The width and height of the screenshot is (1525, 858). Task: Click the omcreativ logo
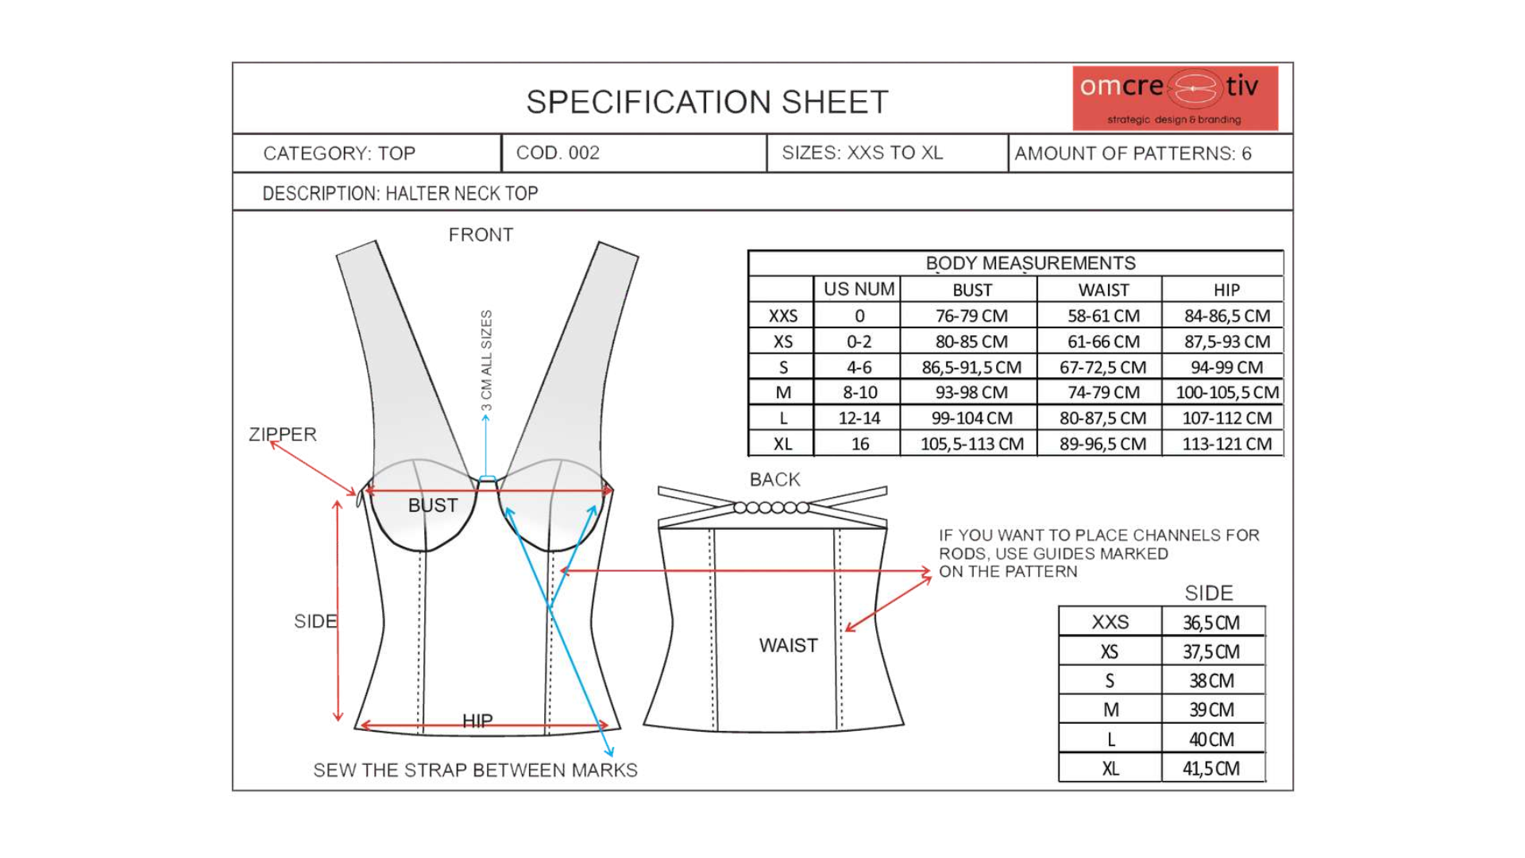pyautogui.click(x=1175, y=98)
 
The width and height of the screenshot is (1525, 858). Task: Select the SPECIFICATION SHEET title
pyautogui.click(x=707, y=102)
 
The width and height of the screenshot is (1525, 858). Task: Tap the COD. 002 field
pyautogui.click(x=558, y=153)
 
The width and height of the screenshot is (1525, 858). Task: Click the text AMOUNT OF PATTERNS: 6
pyautogui.click(x=1133, y=154)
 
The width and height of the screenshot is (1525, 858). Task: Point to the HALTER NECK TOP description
pyautogui.click(x=400, y=194)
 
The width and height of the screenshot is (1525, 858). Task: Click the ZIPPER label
pyautogui.click(x=283, y=435)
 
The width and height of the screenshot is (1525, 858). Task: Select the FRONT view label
pyautogui.click(x=481, y=235)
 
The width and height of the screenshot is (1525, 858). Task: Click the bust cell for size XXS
pyautogui.click(x=971, y=316)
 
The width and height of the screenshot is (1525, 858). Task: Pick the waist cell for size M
pyautogui.click(x=1102, y=392)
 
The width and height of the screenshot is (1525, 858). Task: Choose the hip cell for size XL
pyautogui.click(x=1226, y=444)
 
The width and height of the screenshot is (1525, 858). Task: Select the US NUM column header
pyautogui.click(x=859, y=289)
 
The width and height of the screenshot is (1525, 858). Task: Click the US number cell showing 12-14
pyautogui.click(x=859, y=419)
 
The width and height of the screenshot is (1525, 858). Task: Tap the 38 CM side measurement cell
pyautogui.click(x=1211, y=681)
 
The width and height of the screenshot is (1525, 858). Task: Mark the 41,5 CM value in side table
pyautogui.click(x=1211, y=769)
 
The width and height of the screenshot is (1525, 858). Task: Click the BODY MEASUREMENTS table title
pyautogui.click(x=1030, y=263)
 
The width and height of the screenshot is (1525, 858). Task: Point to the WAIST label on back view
pyautogui.click(x=788, y=646)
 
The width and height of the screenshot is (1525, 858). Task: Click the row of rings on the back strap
pyautogui.click(x=771, y=508)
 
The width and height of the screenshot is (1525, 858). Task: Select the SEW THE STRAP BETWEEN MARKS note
pyautogui.click(x=475, y=771)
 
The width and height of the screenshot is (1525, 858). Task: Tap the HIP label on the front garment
pyautogui.click(x=477, y=720)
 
